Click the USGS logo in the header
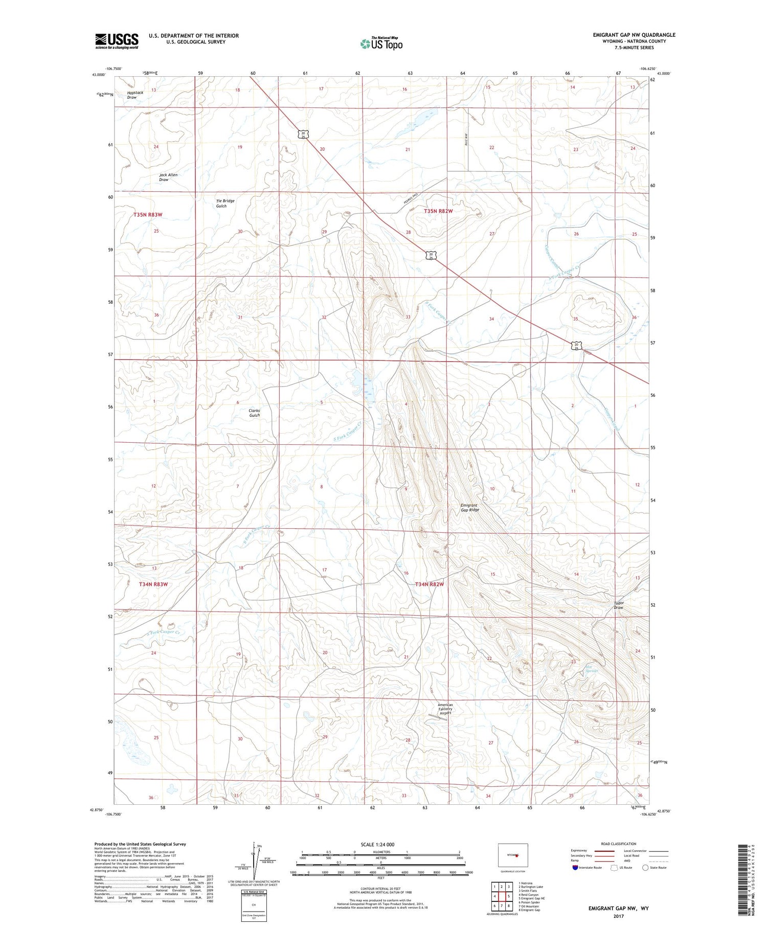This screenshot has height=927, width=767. click(x=117, y=41)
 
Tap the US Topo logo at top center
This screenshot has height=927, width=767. click(x=381, y=44)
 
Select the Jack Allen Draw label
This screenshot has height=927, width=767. click(x=168, y=177)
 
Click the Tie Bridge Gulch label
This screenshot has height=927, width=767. click(x=225, y=204)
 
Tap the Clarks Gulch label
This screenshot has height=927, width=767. click(x=254, y=413)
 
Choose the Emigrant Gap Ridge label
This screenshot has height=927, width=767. click(x=469, y=507)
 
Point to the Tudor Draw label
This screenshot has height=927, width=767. click(x=619, y=605)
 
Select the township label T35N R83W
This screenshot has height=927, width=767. click(x=148, y=215)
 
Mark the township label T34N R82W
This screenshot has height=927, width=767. click(x=429, y=584)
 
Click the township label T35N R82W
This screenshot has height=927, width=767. click(x=438, y=211)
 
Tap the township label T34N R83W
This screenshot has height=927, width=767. click(x=153, y=584)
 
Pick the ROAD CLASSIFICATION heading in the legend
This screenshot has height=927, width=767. click(x=619, y=844)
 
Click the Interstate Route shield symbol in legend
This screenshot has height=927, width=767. click(x=575, y=868)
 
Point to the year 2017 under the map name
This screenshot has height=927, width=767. click(x=618, y=917)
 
